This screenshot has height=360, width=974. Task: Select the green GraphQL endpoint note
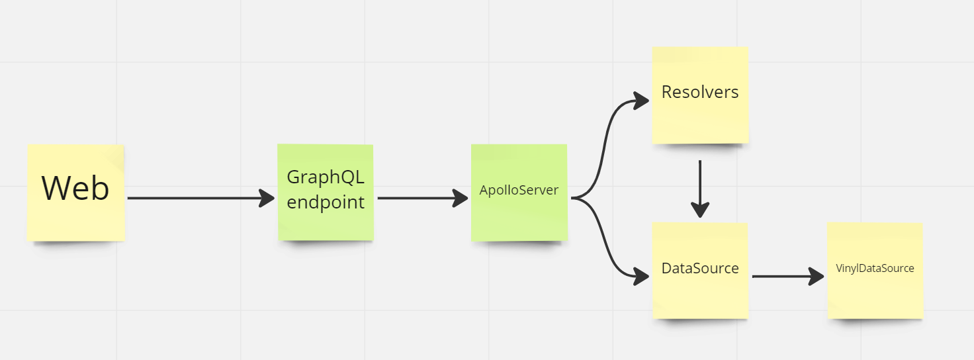pyautogui.click(x=325, y=222)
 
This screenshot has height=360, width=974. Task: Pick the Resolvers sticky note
pyautogui.click(x=700, y=119)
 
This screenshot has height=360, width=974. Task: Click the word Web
pyautogui.click(x=75, y=188)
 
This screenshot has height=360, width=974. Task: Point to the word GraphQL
pyautogui.click(x=326, y=177)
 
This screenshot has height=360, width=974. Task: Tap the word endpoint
pyautogui.click(x=326, y=202)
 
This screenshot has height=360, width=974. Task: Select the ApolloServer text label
pyautogui.click(x=519, y=191)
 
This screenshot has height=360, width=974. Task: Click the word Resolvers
pyautogui.click(x=700, y=92)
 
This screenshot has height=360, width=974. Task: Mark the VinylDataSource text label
pyautogui.click(x=875, y=268)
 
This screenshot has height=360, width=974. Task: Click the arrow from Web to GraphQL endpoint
pyautogui.click(x=199, y=198)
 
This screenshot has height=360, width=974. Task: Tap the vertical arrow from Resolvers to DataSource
pyautogui.click(x=700, y=182)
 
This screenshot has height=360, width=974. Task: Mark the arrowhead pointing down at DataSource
pyautogui.click(x=700, y=210)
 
